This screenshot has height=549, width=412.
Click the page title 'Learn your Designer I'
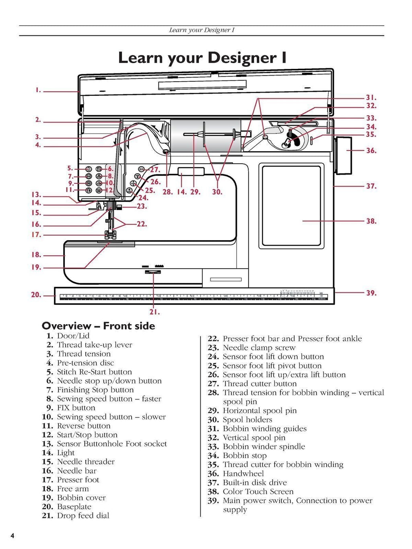click(202, 58)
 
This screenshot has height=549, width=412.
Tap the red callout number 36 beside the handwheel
click(371, 151)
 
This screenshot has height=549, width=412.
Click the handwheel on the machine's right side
click(343, 156)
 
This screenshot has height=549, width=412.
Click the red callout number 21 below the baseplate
click(154, 312)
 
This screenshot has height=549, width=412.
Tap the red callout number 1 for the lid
click(38, 90)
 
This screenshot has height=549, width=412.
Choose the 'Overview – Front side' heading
click(98, 326)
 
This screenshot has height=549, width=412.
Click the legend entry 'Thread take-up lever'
click(94, 345)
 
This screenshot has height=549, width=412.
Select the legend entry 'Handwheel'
click(243, 473)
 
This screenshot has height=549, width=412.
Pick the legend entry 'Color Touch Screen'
click(258, 491)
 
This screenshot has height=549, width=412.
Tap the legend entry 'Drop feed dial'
click(83, 516)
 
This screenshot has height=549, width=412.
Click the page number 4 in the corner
click(12, 536)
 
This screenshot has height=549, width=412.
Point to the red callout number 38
click(371, 221)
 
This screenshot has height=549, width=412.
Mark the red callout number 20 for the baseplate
click(36, 295)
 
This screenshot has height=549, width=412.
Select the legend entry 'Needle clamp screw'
click(259, 347)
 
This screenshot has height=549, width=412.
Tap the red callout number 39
click(371, 293)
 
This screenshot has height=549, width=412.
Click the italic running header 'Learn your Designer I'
click(202, 30)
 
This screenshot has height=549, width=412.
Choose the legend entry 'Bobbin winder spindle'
click(264, 446)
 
